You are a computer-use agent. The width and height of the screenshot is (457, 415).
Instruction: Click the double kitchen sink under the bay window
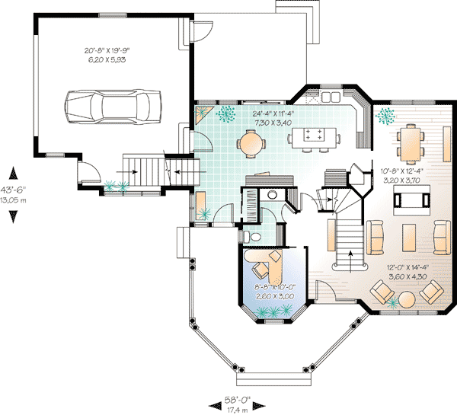[x=331, y=97]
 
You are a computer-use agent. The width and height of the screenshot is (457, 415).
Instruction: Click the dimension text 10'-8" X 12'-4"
[x=410, y=171]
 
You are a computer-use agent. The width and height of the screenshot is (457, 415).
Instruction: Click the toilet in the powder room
[x=257, y=238]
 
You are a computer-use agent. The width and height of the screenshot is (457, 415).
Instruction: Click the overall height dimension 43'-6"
[x=13, y=190]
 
